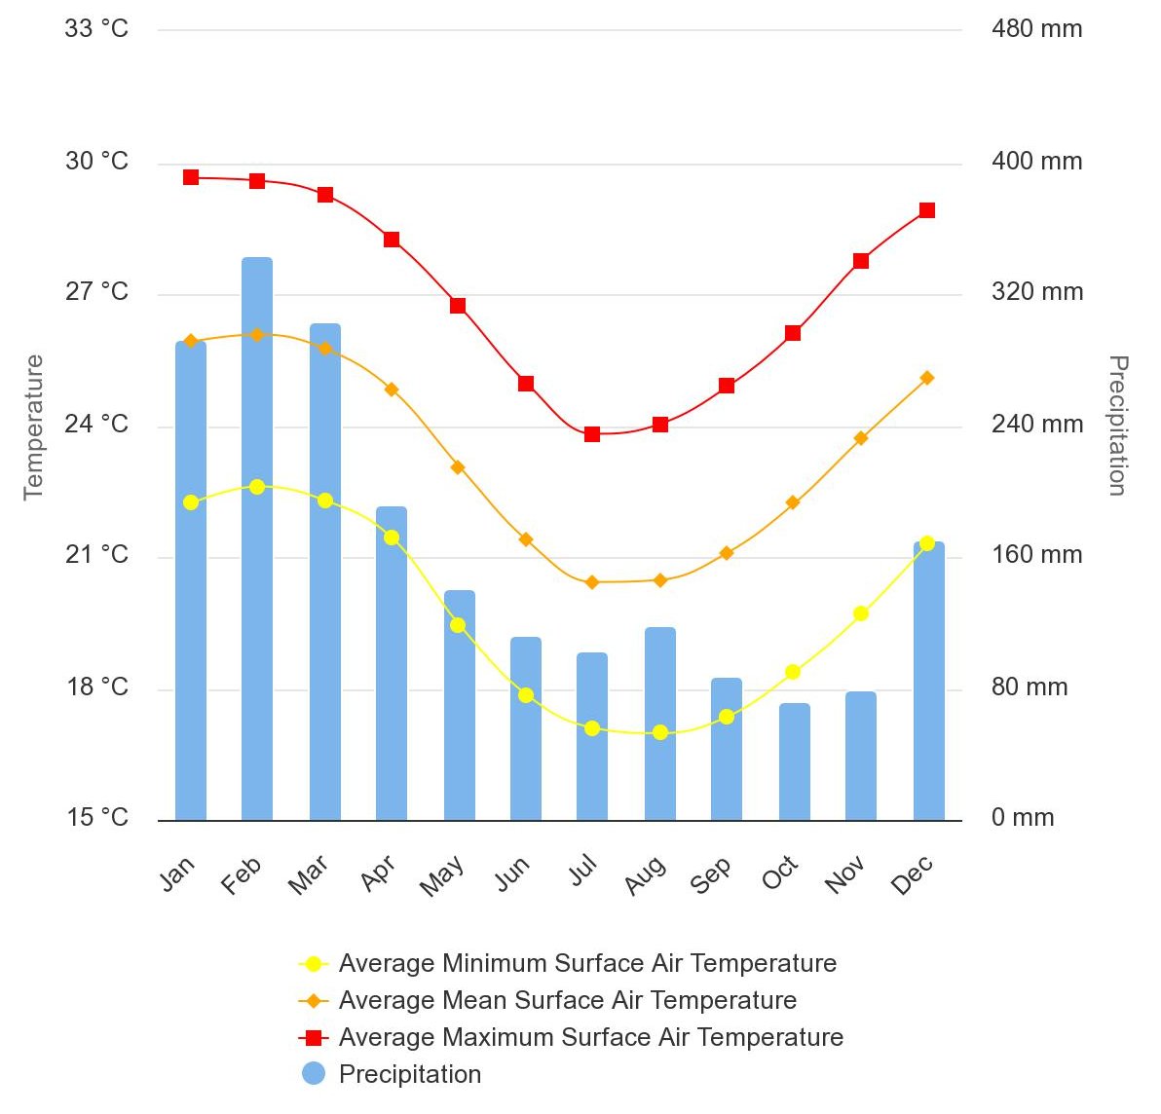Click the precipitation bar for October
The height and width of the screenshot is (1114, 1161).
[795, 761]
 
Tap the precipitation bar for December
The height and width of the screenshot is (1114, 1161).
[929, 682]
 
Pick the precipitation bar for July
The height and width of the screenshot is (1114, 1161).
[592, 736]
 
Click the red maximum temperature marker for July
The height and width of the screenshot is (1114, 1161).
[592, 434]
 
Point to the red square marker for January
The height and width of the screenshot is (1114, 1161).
[191, 177]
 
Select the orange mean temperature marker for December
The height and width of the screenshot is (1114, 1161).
[927, 378]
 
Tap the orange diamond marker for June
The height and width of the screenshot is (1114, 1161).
[526, 539]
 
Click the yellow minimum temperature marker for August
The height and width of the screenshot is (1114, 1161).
[660, 732]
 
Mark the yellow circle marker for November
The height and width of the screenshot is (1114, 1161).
[861, 613]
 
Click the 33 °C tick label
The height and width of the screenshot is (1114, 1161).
[96, 29]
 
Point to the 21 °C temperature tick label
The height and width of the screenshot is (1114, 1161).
[96, 555]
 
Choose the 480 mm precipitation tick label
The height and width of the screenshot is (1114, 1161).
[1036, 29]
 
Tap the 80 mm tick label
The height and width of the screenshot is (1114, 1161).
[1030, 687]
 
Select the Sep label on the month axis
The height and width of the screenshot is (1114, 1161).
[711, 875]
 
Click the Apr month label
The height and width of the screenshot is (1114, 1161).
[378, 873]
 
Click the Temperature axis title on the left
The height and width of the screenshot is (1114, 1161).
[34, 427]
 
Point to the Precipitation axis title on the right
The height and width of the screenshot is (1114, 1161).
[1118, 426]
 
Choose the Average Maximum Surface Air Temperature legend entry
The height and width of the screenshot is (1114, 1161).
[590, 1037]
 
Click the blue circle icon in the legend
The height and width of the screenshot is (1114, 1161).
[314, 1074]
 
